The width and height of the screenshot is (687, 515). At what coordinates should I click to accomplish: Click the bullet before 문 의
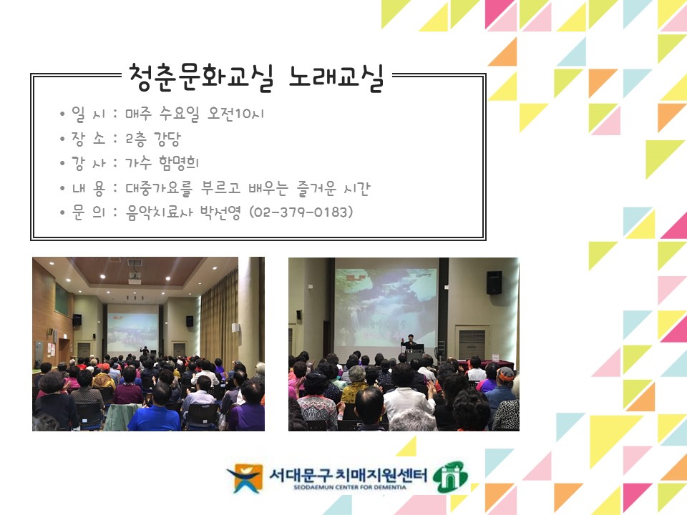(x=64, y=213)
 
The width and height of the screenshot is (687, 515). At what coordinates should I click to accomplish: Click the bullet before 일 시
(x=64, y=114)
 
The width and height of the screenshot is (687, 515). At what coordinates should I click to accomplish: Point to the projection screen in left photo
(x=132, y=327)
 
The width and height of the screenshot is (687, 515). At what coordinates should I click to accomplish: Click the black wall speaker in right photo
(x=494, y=283)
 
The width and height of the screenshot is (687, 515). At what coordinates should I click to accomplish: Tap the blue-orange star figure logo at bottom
(x=245, y=478)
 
